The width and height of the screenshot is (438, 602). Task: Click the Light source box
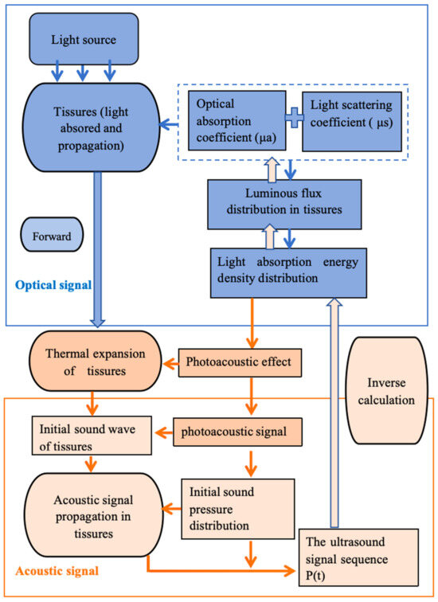83,39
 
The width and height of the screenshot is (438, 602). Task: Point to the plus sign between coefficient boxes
295,119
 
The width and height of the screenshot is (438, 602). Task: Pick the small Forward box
52,236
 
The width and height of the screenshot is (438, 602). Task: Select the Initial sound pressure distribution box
237,506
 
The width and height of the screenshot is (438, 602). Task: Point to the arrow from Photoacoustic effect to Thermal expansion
170,363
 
